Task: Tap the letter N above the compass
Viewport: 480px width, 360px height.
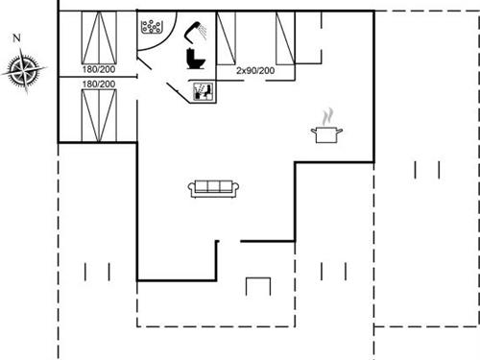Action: [x=16, y=37]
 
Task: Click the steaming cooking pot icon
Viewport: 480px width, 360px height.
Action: [x=326, y=132]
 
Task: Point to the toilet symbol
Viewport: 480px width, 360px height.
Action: [x=196, y=60]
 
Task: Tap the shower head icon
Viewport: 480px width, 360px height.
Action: [x=198, y=30]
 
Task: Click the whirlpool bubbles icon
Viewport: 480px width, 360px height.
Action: [x=151, y=28]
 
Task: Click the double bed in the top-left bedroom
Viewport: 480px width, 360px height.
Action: [x=99, y=39]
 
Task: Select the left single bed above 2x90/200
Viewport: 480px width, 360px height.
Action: [x=227, y=38]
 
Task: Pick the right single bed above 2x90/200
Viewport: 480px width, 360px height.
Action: [x=286, y=38]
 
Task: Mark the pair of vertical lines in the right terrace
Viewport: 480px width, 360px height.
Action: [x=426, y=170]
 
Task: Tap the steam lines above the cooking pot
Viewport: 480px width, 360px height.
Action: [x=327, y=116]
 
